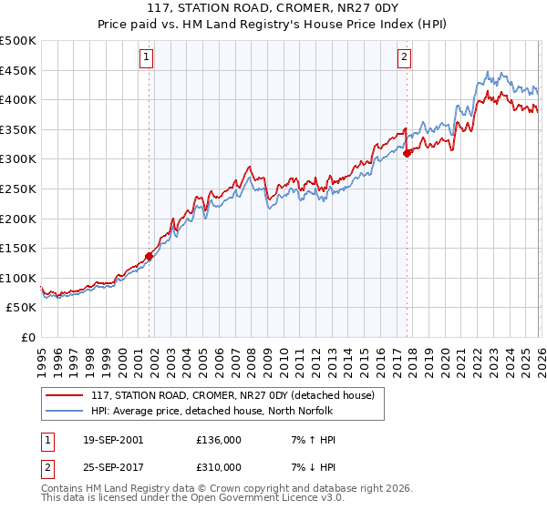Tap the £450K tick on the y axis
tap(18, 70)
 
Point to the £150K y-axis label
tap(18, 248)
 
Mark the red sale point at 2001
tap(149, 256)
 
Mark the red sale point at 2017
tap(408, 153)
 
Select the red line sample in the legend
tap(66, 394)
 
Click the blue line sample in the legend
tap(66, 411)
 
